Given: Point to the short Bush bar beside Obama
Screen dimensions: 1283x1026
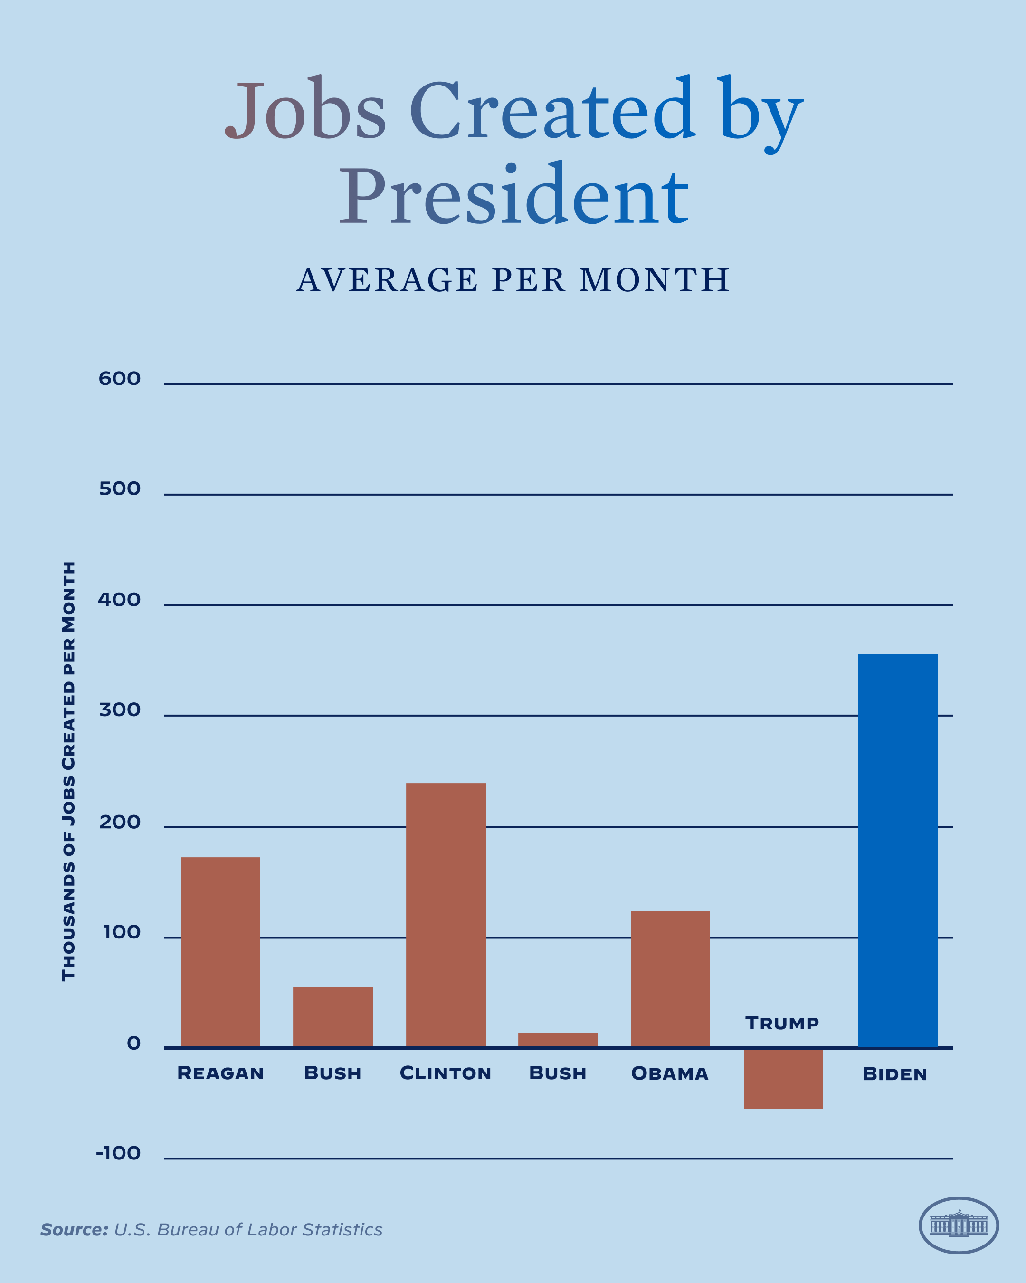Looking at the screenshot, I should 558,1040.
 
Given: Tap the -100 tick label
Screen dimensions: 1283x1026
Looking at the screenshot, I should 118,1153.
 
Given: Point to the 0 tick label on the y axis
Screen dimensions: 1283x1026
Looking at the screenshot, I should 134,1043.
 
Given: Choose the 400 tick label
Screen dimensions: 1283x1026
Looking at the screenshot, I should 120,599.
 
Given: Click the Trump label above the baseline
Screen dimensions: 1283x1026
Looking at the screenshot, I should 782,1023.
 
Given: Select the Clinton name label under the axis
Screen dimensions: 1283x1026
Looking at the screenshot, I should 446,1073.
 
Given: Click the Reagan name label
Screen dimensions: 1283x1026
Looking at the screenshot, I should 221,1073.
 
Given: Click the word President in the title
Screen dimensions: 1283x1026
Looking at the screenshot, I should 514,196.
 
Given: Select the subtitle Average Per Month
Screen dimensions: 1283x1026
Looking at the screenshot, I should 513,280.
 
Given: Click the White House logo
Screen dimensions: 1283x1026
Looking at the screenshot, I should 959,1226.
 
